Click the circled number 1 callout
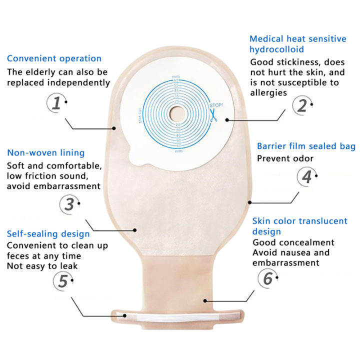[x=57, y=103]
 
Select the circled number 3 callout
[x=69, y=203]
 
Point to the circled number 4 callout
[x=307, y=176]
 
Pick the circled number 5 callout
[x=63, y=281]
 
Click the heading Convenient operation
[x=54, y=58]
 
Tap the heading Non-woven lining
[x=45, y=152]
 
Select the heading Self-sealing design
[x=48, y=233]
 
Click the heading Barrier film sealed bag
[x=306, y=146]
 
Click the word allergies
[x=268, y=92]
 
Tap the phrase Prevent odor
[x=285, y=158]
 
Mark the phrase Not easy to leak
[x=42, y=266]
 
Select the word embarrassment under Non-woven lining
[x=68, y=186]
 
